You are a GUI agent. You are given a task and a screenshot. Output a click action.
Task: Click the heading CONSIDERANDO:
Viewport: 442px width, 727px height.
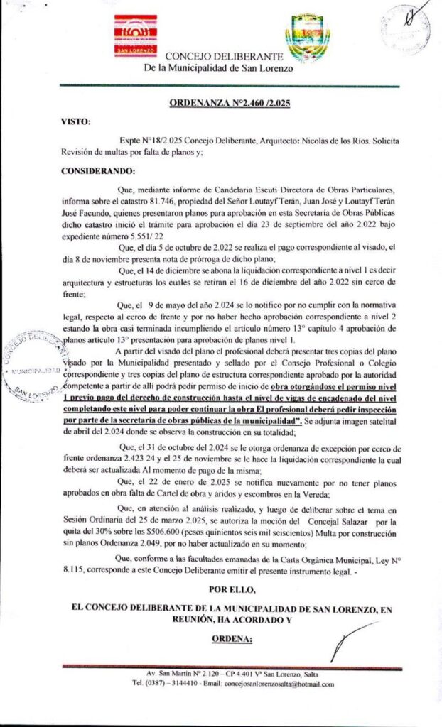tap(97, 171)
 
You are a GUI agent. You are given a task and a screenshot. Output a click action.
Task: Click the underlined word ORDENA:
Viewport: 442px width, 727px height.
tap(232, 639)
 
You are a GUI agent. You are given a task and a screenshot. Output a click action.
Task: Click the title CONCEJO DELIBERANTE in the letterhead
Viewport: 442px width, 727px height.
tap(225, 56)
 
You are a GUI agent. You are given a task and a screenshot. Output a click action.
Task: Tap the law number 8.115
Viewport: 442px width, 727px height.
tap(73, 572)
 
